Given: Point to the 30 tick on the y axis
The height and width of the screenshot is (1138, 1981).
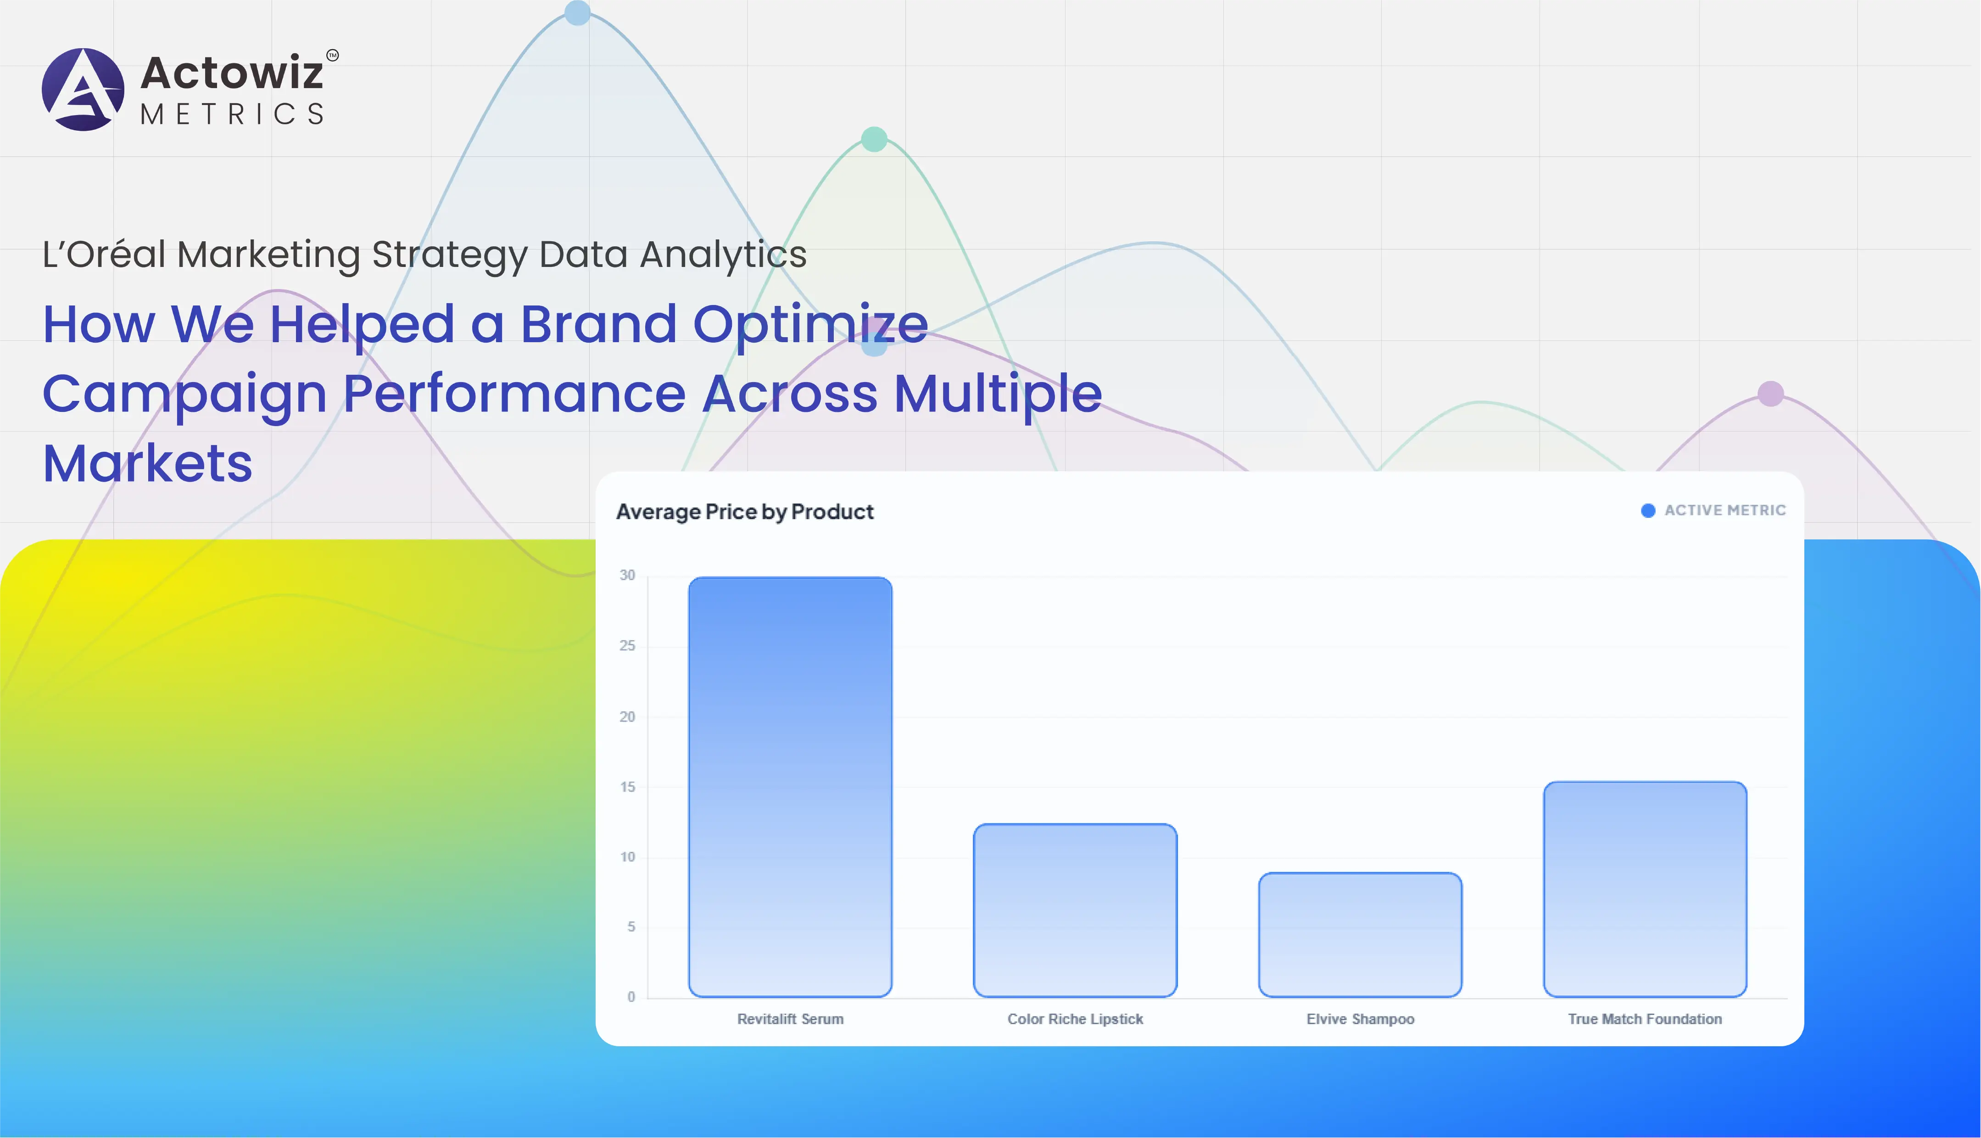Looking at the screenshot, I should pos(627,575).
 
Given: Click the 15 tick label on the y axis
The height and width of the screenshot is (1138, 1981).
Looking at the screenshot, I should pos(627,787).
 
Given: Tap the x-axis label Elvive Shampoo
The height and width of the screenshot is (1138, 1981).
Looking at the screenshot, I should pos(1360,1019).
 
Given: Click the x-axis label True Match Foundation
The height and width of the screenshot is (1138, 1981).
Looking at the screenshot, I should pos(1645,1019).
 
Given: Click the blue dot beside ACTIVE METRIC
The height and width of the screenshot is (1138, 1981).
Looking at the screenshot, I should pos(1648,511).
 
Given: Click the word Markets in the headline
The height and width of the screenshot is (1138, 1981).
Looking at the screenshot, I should pos(147,463).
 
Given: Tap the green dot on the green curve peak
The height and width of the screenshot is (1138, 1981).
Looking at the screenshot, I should pos(874,139).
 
